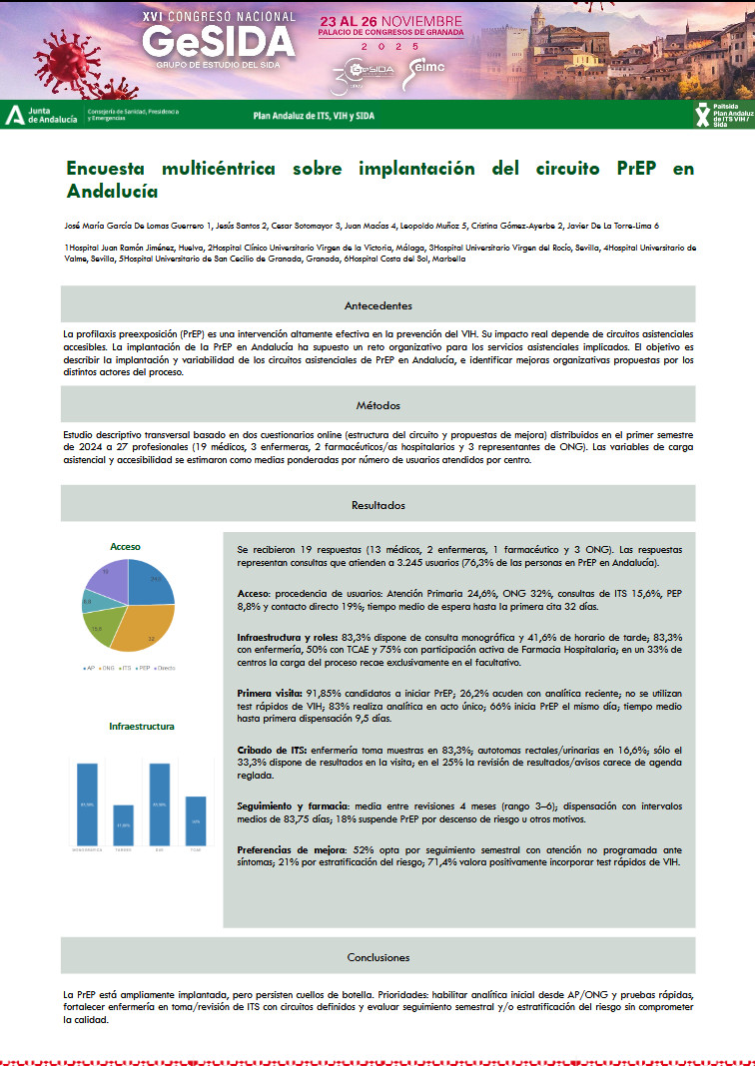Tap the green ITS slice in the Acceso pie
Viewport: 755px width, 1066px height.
98,629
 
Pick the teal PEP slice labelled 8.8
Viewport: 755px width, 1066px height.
89,602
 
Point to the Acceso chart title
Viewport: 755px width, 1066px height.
126,547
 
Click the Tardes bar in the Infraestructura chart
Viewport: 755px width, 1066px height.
123,824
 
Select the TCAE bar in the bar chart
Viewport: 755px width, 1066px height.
196,820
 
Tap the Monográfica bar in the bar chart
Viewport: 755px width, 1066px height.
87,803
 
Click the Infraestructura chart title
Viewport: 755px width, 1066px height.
141,726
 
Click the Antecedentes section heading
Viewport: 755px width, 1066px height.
377,305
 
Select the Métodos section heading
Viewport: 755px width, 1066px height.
377,405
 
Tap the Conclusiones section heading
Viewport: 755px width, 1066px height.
377,957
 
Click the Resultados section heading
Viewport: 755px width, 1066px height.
377,505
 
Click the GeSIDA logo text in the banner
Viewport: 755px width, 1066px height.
219,41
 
